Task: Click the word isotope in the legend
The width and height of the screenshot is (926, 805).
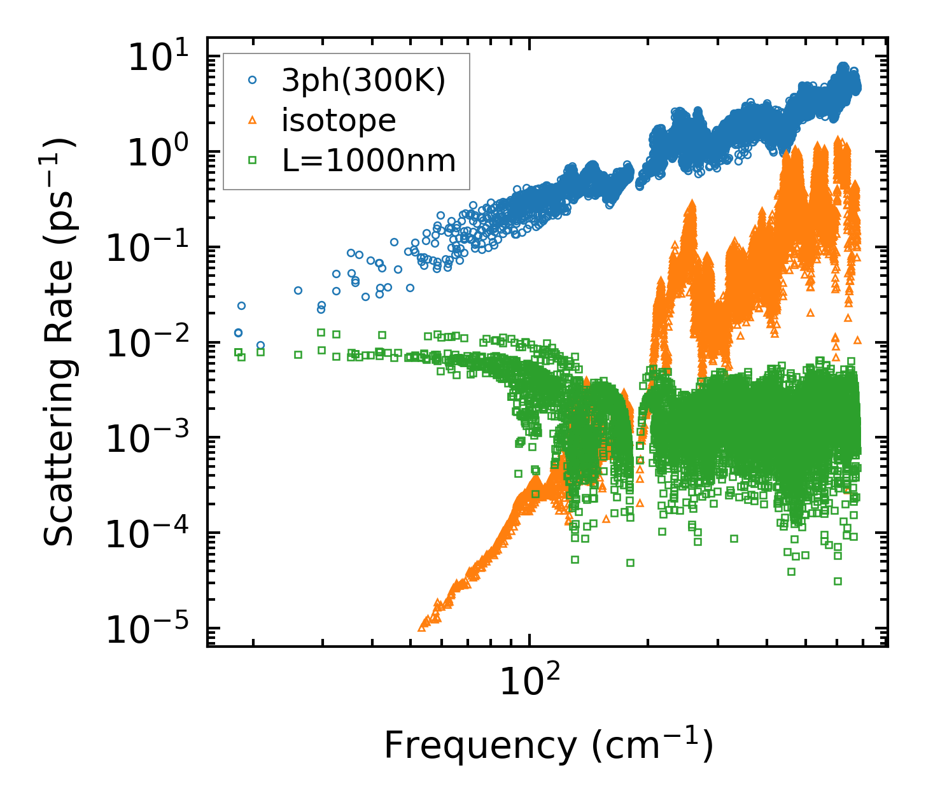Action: point(339,120)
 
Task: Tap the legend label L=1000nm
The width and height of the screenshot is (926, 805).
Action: point(369,160)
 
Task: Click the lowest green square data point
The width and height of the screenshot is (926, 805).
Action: point(838,581)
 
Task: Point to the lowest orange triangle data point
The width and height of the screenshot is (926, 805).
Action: point(421,628)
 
